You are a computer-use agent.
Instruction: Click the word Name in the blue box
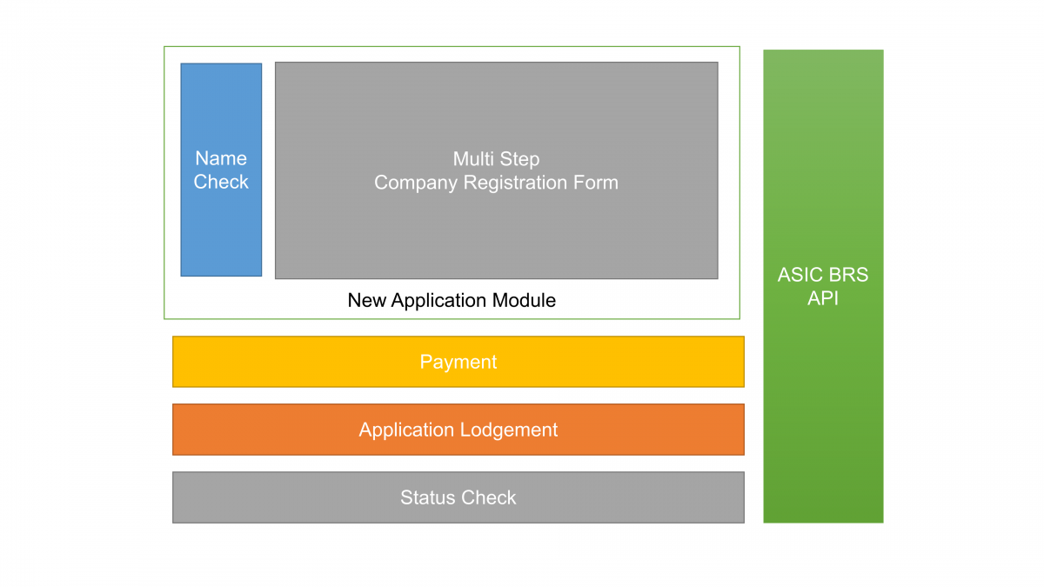tap(221, 158)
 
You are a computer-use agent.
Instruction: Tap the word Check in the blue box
tap(221, 182)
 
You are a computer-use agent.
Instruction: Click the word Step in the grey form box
tap(520, 160)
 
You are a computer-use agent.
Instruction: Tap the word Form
tap(599, 183)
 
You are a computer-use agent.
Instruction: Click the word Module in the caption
tap(528, 301)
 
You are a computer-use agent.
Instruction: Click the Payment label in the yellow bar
tap(458, 362)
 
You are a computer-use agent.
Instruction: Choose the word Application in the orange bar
tap(407, 430)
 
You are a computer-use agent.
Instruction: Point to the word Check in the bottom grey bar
tap(488, 497)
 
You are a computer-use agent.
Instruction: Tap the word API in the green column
tap(823, 299)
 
